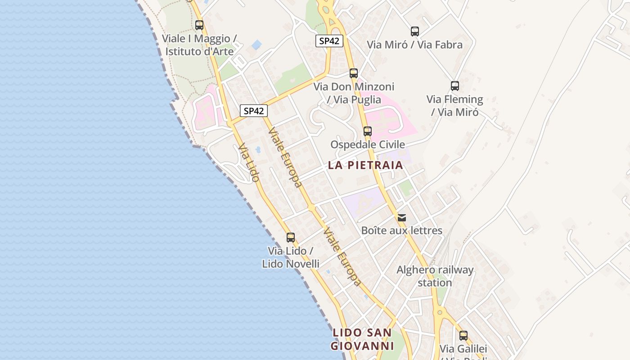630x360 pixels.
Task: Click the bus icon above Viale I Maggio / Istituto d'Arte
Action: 199,25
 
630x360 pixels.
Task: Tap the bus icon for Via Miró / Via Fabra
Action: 415,31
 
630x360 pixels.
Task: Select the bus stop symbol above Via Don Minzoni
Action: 354,73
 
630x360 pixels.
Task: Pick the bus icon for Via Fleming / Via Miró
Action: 455,86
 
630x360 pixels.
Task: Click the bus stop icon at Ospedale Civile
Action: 368,131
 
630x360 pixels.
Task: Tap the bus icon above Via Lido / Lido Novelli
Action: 291,238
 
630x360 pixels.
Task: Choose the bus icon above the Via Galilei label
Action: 463,335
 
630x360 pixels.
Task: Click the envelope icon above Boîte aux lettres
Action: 402,218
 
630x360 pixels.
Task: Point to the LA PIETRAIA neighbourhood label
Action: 365,165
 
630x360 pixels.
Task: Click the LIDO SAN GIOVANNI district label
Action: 362,339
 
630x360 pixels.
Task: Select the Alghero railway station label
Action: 435,276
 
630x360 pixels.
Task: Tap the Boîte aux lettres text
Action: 402,231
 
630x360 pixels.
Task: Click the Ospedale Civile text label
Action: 368,144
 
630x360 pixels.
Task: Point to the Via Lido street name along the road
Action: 249,162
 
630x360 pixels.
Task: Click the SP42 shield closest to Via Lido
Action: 254,111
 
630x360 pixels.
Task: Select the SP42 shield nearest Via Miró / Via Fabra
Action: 329,41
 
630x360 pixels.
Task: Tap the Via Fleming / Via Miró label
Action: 454,105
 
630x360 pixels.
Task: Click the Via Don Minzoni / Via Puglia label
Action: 354,93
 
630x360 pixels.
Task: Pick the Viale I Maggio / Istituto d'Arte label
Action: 199,45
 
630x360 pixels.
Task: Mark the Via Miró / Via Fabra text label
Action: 414,45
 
